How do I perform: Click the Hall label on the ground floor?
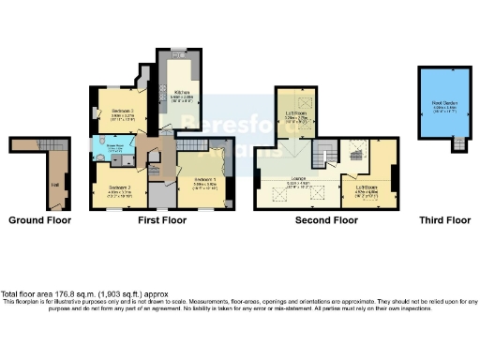pyautogui.click(x=55, y=184)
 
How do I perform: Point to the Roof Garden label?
pyautogui.click(x=443, y=104)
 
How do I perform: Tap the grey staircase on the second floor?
pyautogui.click(x=325, y=149)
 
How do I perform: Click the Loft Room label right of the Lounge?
pyautogui.click(x=367, y=185)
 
